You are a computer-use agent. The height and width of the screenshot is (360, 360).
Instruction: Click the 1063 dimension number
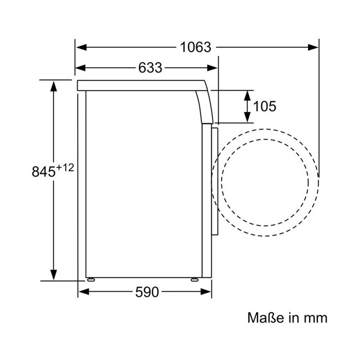[x=195, y=47]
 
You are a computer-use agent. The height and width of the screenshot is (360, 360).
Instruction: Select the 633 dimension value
[x=150, y=68]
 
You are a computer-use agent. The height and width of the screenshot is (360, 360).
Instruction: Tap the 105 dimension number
[x=264, y=106]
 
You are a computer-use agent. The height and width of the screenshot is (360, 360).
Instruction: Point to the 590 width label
[x=147, y=292]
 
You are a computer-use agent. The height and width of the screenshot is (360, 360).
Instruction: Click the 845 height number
[x=44, y=171]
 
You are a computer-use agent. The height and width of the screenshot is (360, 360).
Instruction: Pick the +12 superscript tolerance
[x=65, y=168]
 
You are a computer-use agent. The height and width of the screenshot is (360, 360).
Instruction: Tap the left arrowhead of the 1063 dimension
[x=81, y=47]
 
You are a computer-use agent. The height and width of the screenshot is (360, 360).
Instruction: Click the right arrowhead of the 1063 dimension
[x=313, y=47]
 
